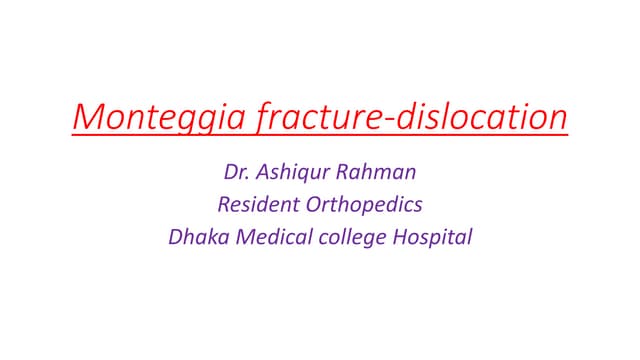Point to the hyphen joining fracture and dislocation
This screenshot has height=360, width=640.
coord(390,120)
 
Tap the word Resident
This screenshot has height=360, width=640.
coord(261,207)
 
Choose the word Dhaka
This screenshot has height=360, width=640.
coord(196,240)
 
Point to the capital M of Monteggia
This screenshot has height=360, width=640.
coord(87,117)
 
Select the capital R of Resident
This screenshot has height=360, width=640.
coord(223,207)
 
